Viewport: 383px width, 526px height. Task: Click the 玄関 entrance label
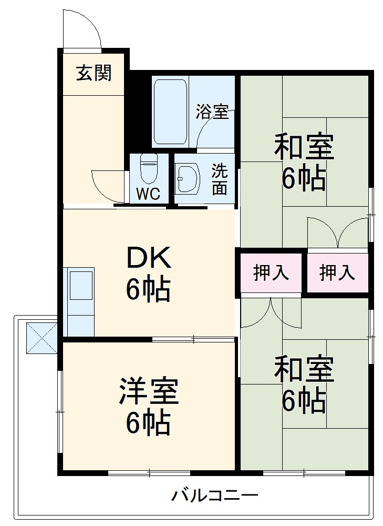(94, 74)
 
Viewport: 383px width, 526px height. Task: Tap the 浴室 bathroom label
(212, 112)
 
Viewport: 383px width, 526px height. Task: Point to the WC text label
(148, 193)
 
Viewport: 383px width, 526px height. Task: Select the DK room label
(148, 258)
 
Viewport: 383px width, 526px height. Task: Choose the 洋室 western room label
(148, 391)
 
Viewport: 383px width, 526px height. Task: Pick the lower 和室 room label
(304, 370)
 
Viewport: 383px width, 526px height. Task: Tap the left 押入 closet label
(271, 273)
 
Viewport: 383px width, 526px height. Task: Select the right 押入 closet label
(337, 273)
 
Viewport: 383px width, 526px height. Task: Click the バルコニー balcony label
(214, 495)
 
